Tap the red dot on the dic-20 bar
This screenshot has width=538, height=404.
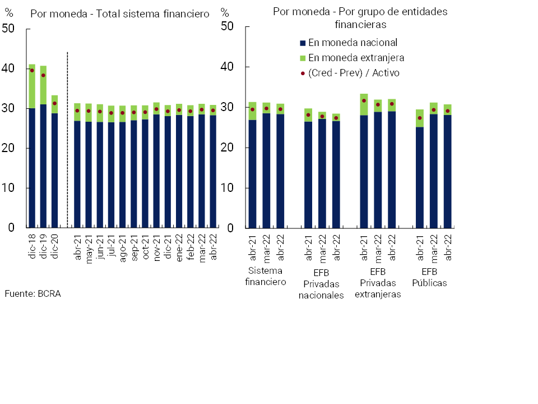click(54, 103)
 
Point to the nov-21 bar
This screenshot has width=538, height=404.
click(156, 168)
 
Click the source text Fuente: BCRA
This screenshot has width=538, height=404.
click(33, 293)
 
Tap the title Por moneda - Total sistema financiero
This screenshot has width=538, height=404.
click(120, 13)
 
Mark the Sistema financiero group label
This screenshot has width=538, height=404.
click(266, 277)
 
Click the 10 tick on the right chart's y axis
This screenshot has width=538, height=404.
click(227, 188)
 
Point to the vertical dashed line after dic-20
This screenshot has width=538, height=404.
click(67, 140)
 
